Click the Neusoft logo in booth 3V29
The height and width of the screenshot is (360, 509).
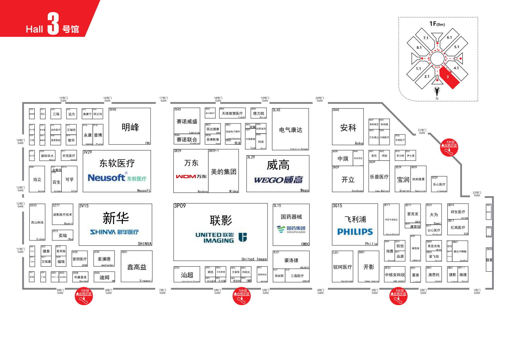coord(117,178)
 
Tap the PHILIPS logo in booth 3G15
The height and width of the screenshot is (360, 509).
coord(355,232)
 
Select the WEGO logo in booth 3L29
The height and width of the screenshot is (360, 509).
coord(278,180)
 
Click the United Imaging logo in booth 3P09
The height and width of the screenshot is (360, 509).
coord(221,237)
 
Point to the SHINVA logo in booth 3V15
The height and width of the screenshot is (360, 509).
coord(115,232)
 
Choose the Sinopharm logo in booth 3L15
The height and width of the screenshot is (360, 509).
coord(291,229)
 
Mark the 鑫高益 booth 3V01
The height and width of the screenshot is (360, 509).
coord(136,267)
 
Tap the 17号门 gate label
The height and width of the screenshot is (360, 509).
coord(163,99)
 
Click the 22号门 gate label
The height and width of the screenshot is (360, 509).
coord(477,194)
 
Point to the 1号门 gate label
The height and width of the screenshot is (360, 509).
coord(477,291)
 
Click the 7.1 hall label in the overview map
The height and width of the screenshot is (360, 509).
coord(426,38)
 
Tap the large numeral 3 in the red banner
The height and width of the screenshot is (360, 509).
coord(53,24)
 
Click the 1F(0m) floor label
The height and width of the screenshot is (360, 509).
coord(437,24)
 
